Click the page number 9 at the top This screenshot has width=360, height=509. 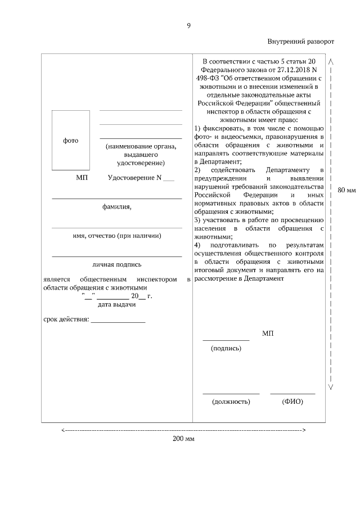188,25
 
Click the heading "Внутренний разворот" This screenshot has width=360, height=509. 300,42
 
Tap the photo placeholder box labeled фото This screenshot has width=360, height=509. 71,140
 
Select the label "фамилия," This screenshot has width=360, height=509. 116,206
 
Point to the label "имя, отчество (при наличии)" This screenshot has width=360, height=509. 117,236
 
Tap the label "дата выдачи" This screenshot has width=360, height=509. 116,305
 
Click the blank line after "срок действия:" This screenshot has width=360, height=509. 118,321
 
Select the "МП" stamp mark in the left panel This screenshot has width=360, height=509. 82,178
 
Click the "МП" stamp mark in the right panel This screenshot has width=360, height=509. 268,334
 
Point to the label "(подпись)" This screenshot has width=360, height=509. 226,349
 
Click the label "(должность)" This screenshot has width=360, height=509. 231,402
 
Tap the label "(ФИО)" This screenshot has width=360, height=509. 292,402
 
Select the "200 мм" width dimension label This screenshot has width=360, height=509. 183,439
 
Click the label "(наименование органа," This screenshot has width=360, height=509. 141,146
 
